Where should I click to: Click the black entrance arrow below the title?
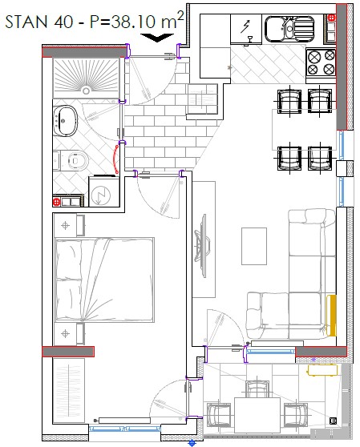[x=157, y=38]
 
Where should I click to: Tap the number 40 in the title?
[x=63, y=22]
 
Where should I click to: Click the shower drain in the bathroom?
[x=86, y=91]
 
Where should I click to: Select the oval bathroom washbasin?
[x=66, y=120]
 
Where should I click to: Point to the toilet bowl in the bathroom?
[x=76, y=160]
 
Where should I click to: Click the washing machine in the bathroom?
[x=104, y=191]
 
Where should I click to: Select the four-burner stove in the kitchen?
[x=321, y=62]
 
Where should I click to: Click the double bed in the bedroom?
[x=105, y=280]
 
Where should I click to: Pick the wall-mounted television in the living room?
[x=202, y=245]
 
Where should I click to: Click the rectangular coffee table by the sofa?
[x=254, y=246]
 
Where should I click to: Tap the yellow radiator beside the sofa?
[x=331, y=316]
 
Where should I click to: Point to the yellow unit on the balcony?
[x=322, y=370]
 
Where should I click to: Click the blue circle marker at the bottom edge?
[x=192, y=443]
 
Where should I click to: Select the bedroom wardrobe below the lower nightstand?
[x=69, y=390]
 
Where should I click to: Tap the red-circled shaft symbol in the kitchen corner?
[x=331, y=18]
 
